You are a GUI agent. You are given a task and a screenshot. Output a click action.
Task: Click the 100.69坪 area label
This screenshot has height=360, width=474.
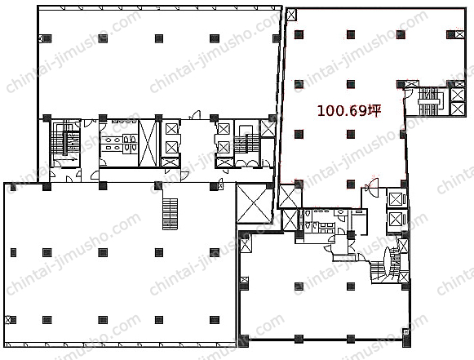tap(349, 111)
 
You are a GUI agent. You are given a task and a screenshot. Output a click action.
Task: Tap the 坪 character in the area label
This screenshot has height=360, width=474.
tap(374, 110)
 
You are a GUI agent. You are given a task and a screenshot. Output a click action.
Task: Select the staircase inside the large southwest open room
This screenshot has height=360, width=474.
tap(170, 214)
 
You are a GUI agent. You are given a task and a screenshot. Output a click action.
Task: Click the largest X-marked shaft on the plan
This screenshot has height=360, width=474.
tap(255, 203)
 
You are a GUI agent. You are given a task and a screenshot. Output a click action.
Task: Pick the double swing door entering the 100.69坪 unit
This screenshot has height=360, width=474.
tap(371, 185)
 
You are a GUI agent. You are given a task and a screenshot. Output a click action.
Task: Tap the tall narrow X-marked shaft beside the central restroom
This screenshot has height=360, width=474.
tap(148, 143)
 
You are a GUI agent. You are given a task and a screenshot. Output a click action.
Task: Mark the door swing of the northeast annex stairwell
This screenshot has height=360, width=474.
tap(408, 92)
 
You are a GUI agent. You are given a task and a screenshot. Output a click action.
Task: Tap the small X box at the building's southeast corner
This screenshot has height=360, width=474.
tap(405, 332)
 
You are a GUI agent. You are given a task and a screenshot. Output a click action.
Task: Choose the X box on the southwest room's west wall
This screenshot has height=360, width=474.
tap(8, 319)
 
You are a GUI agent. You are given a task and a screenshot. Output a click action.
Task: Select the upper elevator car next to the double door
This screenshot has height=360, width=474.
tap(396, 199)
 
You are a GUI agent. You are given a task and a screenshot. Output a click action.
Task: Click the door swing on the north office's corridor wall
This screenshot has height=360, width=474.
tap(195, 114)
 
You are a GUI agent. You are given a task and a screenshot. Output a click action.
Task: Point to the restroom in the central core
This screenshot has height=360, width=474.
tap(119, 143)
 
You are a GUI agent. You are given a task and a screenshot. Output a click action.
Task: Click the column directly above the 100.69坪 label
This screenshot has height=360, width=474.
tap(351, 84)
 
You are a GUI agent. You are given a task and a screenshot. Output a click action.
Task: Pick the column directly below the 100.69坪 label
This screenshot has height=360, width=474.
tap(351, 134)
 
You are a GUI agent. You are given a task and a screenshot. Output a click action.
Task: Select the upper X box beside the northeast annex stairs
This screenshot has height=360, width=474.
tap(458, 95)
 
